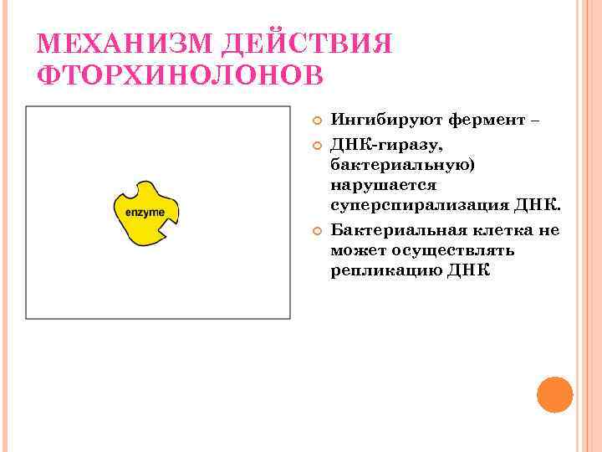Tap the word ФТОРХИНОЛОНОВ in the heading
[180, 74]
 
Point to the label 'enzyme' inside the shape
[144, 213]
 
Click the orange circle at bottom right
[554, 394]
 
